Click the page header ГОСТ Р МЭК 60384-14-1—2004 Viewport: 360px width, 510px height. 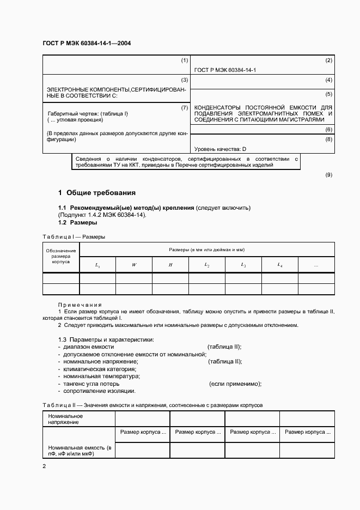point(86,42)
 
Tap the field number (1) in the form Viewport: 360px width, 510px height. point(184,60)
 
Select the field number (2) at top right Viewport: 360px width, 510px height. point(328,60)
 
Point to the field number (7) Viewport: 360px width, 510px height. point(184,108)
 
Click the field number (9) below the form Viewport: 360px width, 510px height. point(328,175)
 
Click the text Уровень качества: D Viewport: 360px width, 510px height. point(220,149)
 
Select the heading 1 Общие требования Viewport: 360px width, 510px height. point(97,193)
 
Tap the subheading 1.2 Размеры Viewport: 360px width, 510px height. point(78,222)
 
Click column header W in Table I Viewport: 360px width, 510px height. point(133,265)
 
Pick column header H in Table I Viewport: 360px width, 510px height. point(170,265)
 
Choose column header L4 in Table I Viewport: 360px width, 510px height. point(279,265)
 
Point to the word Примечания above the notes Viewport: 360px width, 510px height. point(80,304)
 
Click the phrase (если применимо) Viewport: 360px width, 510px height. point(235,384)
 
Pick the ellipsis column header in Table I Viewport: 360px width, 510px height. point(316,265)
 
